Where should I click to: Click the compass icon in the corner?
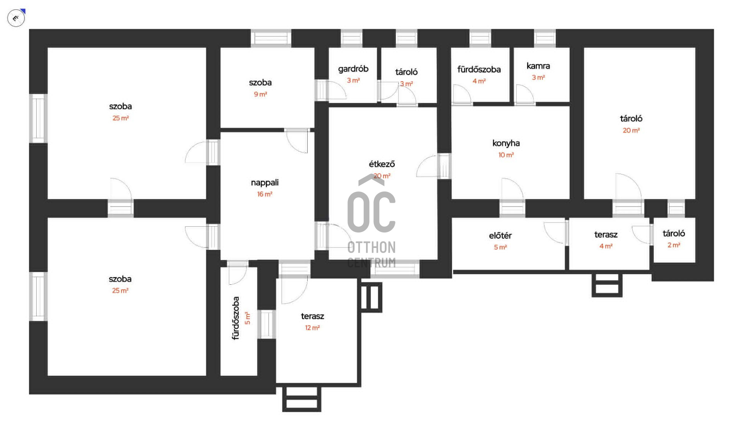[16, 18]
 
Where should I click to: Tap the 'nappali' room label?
[265, 183]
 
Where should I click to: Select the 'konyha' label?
[506, 143]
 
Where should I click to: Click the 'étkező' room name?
[382, 164]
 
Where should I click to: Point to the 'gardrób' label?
[353, 69]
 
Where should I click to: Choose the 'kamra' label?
[538, 66]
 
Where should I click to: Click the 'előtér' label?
[500, 236]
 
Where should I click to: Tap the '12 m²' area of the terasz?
[312, 328]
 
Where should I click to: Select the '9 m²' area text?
[260, 94]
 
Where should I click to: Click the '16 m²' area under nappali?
[265, 194]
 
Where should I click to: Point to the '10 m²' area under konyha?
[506, 155]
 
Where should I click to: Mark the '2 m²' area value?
[674, 245]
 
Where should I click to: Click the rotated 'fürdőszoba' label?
[236, 318]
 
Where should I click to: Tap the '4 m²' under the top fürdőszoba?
[479, 81]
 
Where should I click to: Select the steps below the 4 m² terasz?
[607, 285]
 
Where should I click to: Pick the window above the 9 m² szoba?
[271, 38]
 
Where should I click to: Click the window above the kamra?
[545, 38]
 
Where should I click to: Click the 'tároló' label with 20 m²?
[631, 119]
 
